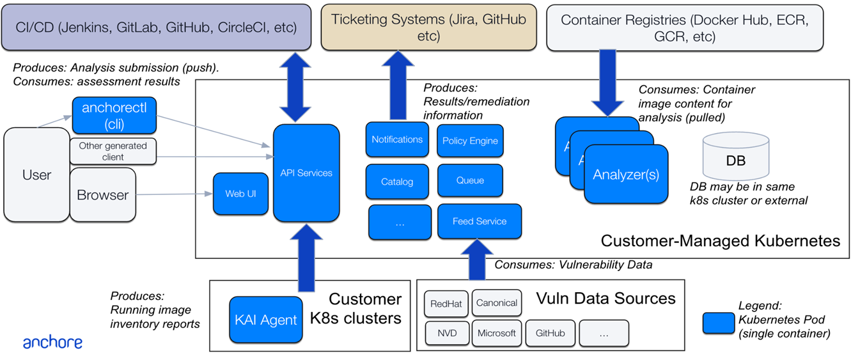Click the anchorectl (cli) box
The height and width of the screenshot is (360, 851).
click(x=114, y=116)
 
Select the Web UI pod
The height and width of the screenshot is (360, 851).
click(x=240, y=193)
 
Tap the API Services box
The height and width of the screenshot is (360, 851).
click(x=306, y=173)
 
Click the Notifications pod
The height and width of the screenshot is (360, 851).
click(x=397, y=139)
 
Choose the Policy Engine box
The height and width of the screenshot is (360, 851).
click(x=470, y=141)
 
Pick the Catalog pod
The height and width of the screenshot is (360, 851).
click(x=397, y=182)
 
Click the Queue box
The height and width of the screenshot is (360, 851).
click(x=470, y=181)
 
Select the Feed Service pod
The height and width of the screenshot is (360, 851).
click(x=480, y=221)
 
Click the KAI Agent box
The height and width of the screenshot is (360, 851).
click(x=266, y=320)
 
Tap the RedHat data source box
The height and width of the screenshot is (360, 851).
click(x=446, y=303)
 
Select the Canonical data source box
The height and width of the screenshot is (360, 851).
click(x=497, y=303)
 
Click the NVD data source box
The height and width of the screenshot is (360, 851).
click(x=448, y=333)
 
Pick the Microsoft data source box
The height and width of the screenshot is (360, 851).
click(x=496, y=333)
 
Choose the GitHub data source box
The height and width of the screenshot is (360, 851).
click(x=550, y=333)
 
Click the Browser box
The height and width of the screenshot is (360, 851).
click(x=102, y=195)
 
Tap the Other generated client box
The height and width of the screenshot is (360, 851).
click(x=113, y=151)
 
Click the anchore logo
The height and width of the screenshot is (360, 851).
click(x=52, y=343)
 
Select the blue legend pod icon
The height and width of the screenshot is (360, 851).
click(x=719, y=323)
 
